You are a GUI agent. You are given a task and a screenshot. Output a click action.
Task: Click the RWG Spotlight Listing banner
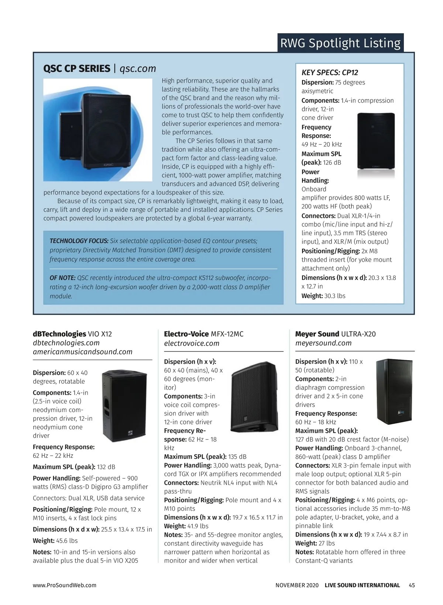click(x=340, y=43)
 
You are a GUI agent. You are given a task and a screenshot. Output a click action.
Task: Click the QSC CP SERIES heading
click(x=77, y=69)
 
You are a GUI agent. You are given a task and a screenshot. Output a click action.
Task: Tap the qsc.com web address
click(x=138, y=69)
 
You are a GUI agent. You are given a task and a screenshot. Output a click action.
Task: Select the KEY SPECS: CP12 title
click(x=330, y=72)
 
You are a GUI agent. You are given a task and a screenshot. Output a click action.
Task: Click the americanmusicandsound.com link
click(x=83, y=352)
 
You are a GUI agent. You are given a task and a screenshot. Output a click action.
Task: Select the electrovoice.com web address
click(x=192, y=343)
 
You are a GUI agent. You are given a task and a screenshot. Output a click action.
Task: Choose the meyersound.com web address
click(x=323, y=343)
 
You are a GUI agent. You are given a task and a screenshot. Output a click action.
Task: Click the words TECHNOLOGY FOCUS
click(x=79, y=241)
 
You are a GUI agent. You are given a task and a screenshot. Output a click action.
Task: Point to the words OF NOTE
click(x=62, y=278)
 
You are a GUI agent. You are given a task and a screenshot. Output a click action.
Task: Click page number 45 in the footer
click(x=412, y=585)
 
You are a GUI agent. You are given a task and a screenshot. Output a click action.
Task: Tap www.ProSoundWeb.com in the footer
click(x=65, y=585)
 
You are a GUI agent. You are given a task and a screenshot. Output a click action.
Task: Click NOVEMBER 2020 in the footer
click(x=297, y=585)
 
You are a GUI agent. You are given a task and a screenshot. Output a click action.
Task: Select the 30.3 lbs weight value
click(x=335, y=296)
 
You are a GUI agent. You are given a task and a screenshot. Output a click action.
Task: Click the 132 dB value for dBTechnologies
click(x=106, y=467)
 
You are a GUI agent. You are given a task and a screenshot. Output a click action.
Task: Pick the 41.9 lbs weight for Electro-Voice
click(x=199, y=526)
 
